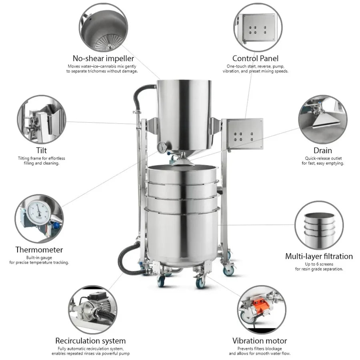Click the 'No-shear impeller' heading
tap(103, 58)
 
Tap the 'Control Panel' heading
tap(255, 58)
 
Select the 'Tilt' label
tap(41, 150)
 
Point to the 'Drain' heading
tap(322, 150)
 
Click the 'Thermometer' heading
tap(39, 250)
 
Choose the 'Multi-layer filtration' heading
tap(319, 256)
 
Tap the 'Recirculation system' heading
tap(90, 341)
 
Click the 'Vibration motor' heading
tap(260, 341)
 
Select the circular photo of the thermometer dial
tap(39, 218)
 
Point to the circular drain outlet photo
tap(322, 119)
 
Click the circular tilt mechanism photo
tap(41, 119)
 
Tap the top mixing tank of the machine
tap(183, 112)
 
